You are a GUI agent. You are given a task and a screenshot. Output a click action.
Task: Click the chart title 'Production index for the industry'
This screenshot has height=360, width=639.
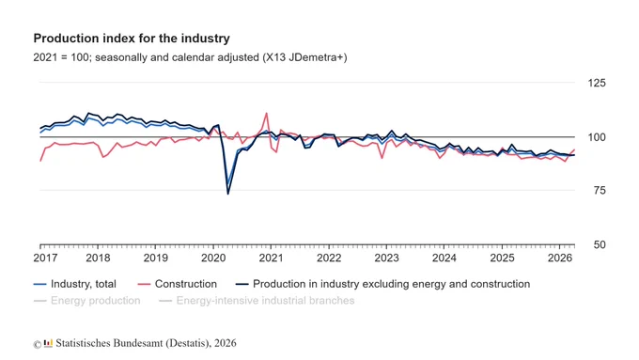point(132,39)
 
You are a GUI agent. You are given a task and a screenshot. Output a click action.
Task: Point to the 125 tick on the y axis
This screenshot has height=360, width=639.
point(597,83)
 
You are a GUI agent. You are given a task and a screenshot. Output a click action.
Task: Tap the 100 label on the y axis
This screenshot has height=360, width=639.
point(597,137)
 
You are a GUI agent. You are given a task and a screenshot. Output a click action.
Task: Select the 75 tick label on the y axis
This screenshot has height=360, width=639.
point(600,191)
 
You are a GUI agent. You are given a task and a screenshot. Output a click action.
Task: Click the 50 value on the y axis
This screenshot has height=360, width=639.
point(600,244)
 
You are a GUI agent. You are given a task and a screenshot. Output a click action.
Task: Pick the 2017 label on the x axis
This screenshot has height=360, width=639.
point(46,258)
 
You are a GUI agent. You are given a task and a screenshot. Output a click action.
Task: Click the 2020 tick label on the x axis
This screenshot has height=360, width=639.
point(213,258)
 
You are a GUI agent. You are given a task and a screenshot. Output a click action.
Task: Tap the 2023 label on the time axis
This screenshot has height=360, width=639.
point(386,258)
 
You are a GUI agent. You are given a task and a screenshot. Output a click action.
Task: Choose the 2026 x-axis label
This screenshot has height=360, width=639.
point(560,258)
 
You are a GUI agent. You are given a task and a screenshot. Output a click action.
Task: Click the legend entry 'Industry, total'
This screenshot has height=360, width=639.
point(75,284)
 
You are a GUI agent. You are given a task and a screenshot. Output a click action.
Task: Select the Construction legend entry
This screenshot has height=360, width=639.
point(178,284)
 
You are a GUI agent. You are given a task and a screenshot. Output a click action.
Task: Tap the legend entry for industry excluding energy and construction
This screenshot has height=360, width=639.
point(383,284)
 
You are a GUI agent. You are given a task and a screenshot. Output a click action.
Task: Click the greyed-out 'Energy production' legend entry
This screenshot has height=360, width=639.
point(86,301)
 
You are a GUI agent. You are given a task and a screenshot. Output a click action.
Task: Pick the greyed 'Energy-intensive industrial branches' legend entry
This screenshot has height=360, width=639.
point(257,301)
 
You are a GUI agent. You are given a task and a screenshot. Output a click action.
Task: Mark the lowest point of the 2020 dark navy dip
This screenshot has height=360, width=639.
point(227,194)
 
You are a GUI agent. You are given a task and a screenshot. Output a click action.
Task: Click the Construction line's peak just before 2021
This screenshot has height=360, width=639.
point(267,114)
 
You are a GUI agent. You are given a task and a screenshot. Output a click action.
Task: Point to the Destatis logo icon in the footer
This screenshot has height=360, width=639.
point(49,343)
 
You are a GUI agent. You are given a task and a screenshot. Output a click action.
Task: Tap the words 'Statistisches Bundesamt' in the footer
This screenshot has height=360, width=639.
point(109,343)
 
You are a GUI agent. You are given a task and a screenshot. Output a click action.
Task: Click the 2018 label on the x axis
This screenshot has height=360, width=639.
point(98,258)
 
